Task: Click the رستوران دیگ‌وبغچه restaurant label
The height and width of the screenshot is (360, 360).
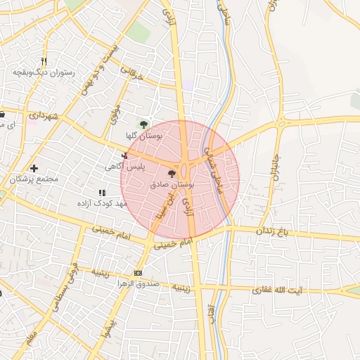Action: coord(41,72)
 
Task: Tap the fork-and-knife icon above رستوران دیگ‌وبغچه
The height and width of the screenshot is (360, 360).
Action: coord(44,61)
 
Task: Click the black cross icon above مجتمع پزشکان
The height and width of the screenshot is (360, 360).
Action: coord(34,168)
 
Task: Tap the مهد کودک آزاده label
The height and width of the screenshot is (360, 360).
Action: coord(101,203)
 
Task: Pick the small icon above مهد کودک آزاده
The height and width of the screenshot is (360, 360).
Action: coord(102,192)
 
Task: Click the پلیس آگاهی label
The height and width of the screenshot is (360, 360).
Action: coord(124,167)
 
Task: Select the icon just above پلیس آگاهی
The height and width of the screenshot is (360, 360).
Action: coord(124,155)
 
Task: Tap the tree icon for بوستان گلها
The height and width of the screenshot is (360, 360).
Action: coord(143,124)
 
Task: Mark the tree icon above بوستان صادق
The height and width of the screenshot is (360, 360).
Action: coord(172,173)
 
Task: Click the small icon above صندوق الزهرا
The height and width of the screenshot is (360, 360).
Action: coord(137,274)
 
